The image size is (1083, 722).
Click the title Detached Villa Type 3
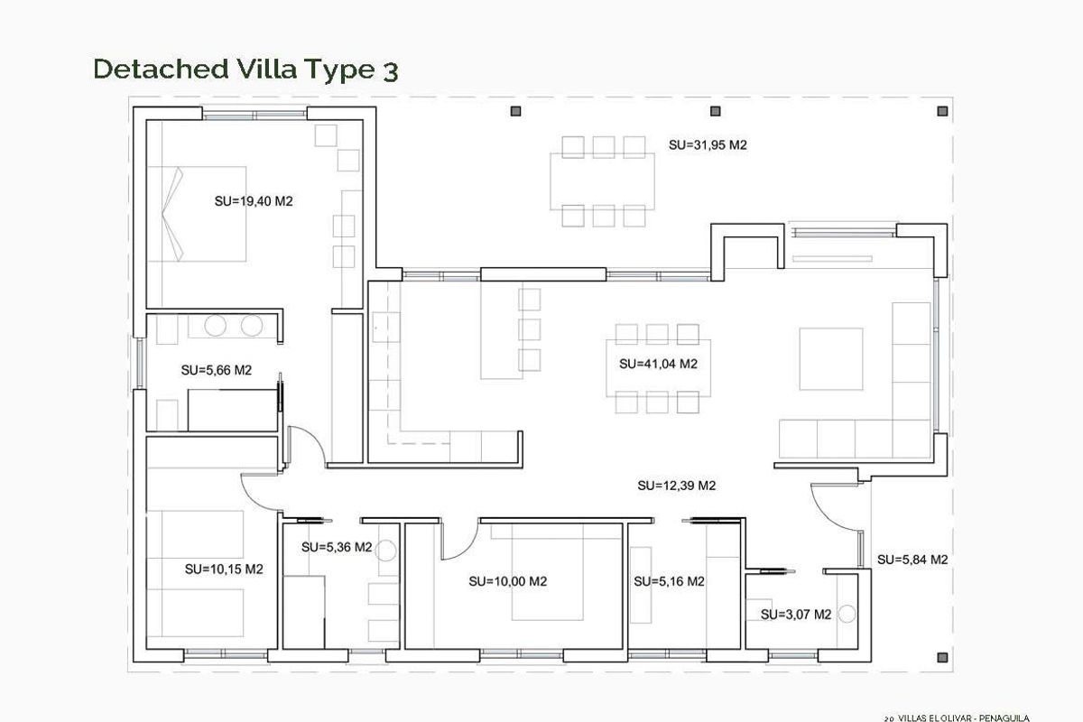point(245,69)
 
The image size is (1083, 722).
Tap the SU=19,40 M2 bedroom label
point(254,201)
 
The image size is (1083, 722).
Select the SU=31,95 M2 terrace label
point(708,144)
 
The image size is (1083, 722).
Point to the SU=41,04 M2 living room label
point(659,365)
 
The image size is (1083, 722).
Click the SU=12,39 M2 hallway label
point(676,486)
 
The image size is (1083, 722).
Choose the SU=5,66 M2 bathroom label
point(216,370)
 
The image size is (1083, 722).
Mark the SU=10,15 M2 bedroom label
point(224,569)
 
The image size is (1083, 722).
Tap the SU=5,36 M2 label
point(337,547)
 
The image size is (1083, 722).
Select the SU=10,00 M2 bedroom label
point(508,582)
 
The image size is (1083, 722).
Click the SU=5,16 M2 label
point(669,582)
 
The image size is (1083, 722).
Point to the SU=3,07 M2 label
point(795,615)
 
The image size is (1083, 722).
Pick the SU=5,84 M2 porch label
point(912,560)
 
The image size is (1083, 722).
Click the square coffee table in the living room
point(830,358)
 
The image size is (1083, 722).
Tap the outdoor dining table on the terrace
point(602,181)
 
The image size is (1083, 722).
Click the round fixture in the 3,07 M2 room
point(847,614)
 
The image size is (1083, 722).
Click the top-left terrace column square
point(515,111)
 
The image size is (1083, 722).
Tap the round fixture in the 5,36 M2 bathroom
point(385,551)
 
